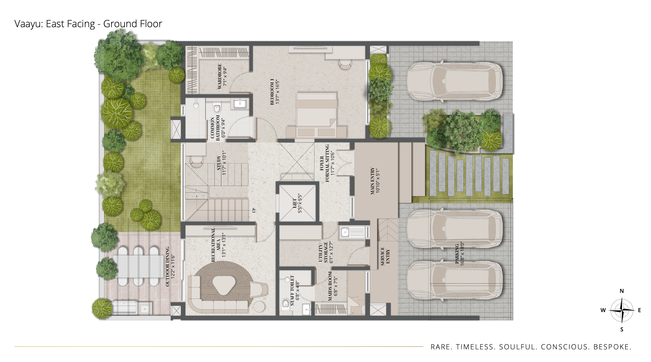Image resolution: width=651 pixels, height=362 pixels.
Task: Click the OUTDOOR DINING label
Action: point(167,266)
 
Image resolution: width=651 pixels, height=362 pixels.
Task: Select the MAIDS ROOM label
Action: point(330,286)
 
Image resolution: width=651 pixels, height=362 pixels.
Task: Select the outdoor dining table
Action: point(138,266)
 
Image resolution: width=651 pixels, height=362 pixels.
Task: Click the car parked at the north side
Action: point(455,82)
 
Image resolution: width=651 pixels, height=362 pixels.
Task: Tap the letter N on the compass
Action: point(622,291)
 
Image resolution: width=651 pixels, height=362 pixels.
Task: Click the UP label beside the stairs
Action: point(254,210)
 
